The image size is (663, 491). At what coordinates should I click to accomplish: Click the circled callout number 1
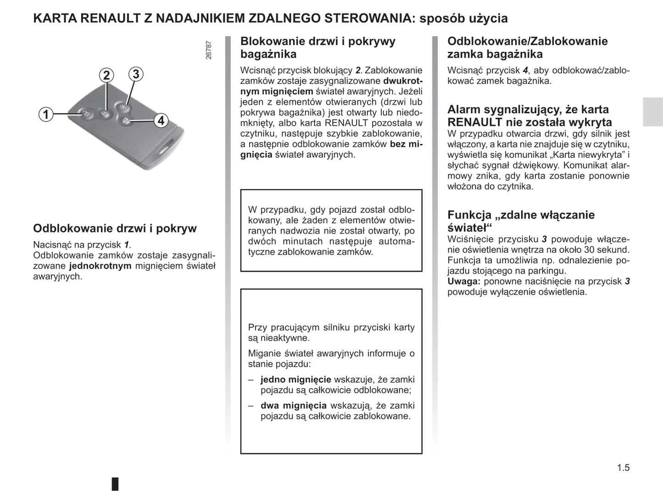click(45, 114)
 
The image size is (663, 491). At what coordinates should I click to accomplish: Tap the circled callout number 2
click(106, 75)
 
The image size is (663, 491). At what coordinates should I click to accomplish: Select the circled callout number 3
click(135, 74)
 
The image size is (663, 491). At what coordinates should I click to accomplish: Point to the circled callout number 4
click(161, 121)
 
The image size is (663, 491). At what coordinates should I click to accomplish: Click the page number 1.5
click(623, 468)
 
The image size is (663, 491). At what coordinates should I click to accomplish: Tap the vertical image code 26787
click(209, 50)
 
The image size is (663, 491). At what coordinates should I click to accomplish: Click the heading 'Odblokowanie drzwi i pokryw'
click(115, 229)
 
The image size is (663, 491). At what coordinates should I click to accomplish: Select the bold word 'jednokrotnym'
click(100, 266)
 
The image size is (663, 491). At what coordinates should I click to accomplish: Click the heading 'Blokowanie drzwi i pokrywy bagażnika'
click(318, 48)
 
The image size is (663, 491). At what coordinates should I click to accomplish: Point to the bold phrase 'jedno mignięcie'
click(295, 379)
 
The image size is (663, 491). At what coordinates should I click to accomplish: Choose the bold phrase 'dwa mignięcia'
click(293, 406)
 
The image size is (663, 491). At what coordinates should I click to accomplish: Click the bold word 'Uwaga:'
click(463, 281)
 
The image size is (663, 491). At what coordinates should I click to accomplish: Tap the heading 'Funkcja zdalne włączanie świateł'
click(521, 221)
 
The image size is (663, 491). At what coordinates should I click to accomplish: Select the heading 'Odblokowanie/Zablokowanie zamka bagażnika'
click(527, 48)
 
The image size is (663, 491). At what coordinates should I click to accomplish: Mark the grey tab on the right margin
click(652, 112)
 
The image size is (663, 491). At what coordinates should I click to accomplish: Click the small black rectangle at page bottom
click(115, 484)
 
